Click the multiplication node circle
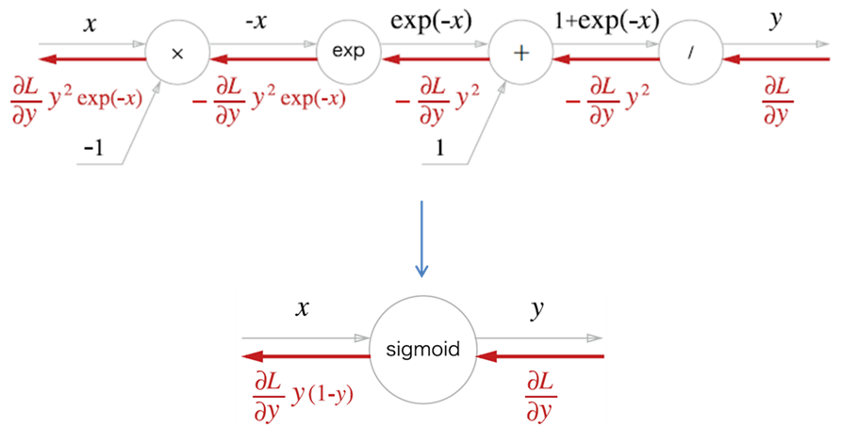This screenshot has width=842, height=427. point(176,53)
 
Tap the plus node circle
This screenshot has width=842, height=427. point(520,53)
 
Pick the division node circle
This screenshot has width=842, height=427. point(690,53)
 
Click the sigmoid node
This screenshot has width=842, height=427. point(421,350)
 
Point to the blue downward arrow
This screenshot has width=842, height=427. point(422,239)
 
